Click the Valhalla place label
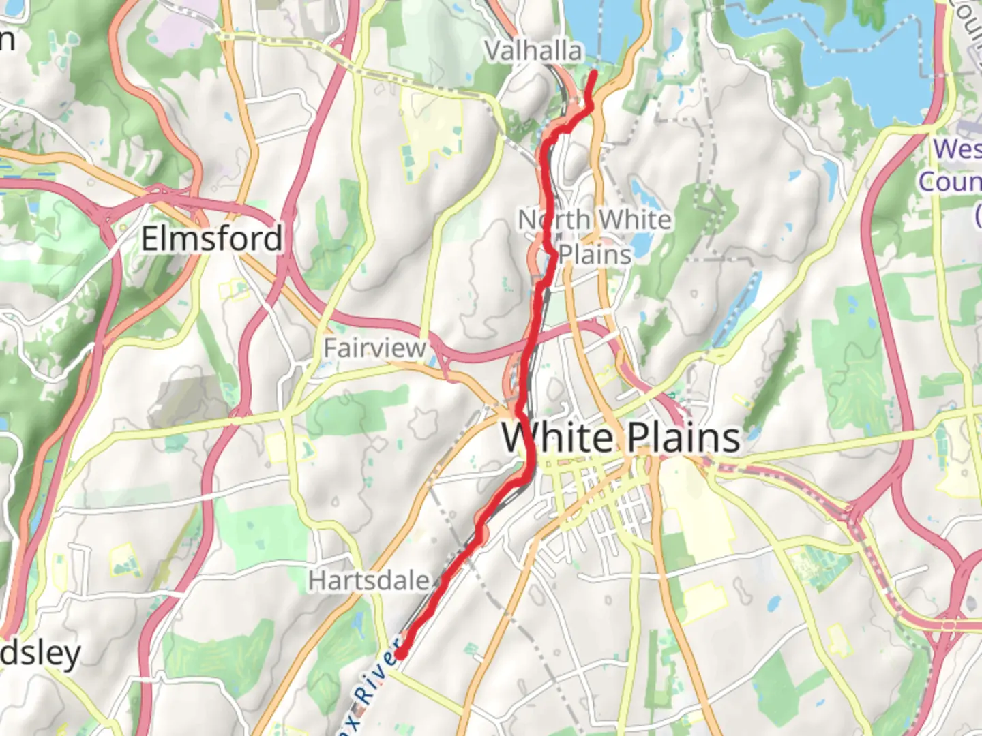533,51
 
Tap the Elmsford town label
211,239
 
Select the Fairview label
374,348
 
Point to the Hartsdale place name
369,581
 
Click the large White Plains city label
621,438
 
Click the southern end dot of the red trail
402,654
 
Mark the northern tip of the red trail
595,72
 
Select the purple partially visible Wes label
957,149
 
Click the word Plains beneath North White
595,255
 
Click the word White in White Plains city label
558,438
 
